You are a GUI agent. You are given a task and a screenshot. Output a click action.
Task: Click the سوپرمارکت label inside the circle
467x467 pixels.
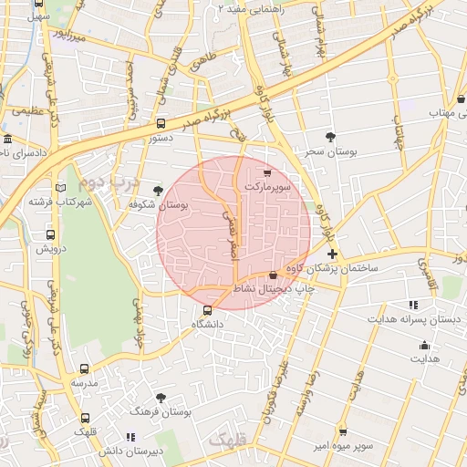tap(266, 186)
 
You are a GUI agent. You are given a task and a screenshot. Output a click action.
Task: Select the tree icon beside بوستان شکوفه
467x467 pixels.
tap(160, 190)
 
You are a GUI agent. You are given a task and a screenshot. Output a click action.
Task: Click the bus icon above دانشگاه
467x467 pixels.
tap(207, 310)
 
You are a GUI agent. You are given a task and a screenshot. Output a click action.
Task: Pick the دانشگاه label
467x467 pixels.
tap(208, 325)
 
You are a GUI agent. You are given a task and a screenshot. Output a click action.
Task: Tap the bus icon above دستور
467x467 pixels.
tap(161, 123)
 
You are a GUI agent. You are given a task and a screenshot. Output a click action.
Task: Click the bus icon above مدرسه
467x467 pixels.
tap(85, 369)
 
